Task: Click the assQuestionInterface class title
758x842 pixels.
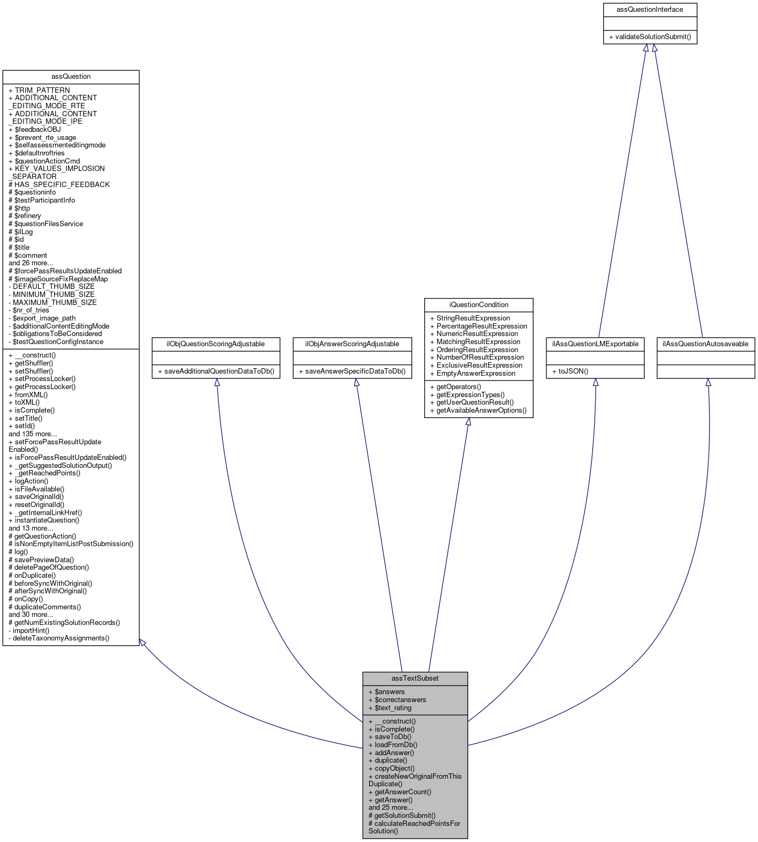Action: [649, 10]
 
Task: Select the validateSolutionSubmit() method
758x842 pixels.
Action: [649, 37]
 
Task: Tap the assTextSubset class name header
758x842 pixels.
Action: [415, 678]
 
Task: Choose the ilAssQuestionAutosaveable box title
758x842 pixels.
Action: [705, 344]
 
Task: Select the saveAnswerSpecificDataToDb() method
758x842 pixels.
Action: [351, 371]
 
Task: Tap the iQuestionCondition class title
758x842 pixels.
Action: [478, 304]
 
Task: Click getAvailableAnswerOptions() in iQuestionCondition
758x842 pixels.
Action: [478, 410]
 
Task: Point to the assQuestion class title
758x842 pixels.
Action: [71, 76]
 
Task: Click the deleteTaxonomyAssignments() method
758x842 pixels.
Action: [59, 638]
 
